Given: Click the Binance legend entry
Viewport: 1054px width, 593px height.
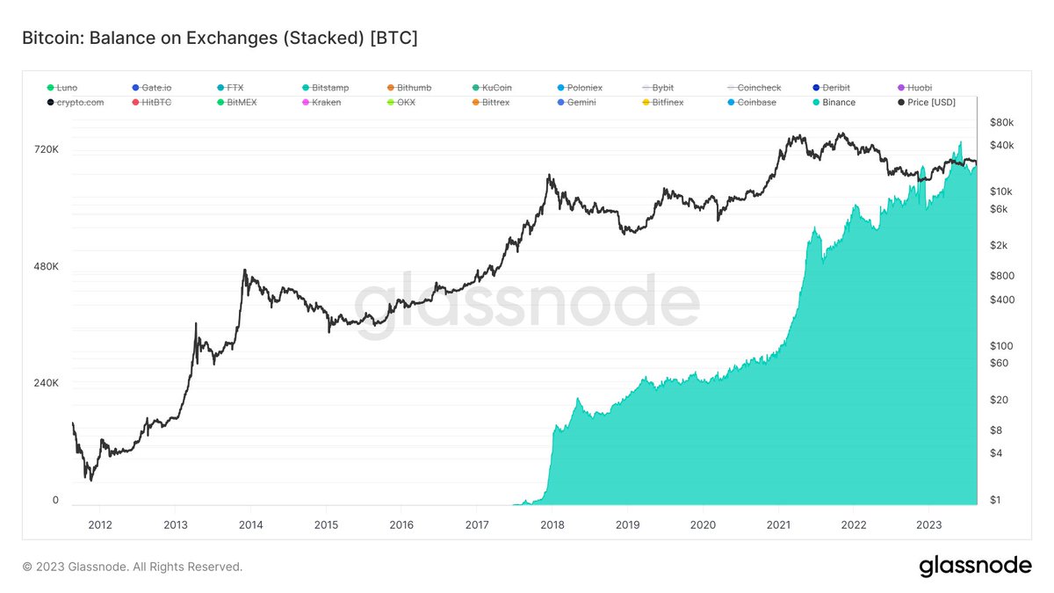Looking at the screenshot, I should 839,103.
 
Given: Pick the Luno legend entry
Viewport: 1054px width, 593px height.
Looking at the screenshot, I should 66,88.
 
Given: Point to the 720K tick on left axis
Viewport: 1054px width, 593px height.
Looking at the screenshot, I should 45,150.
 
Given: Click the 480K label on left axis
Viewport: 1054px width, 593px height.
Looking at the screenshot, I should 45,267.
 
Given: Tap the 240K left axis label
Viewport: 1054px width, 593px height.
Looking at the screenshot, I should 45,384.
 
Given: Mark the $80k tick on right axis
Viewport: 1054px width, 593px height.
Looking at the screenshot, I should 1001,122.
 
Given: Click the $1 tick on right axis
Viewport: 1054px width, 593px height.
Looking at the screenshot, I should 995,500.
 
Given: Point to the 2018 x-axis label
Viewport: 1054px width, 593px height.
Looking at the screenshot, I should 552,524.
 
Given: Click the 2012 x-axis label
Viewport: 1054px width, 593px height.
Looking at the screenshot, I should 100,524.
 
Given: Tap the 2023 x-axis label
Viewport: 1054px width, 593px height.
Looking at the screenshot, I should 928,524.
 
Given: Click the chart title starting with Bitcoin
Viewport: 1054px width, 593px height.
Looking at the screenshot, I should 219,40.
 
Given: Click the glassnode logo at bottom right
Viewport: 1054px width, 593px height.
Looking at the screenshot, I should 975,567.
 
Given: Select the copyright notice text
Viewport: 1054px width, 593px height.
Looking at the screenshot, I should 132,568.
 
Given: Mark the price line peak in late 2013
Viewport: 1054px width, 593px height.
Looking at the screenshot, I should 244,271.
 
